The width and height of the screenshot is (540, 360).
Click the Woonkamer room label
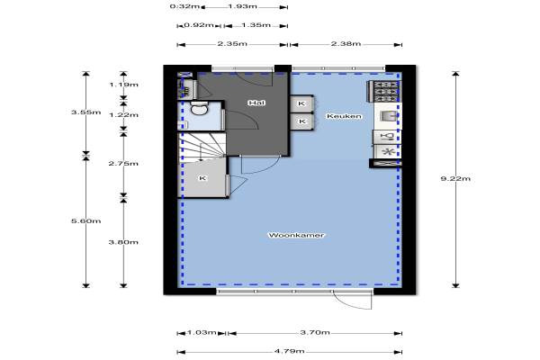(296, 235)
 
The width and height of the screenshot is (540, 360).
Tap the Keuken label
(344, 116)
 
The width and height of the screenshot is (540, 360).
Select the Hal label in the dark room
(256, 103)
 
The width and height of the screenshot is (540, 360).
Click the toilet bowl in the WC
(199, 109)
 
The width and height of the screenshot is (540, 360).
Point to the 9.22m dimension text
(455, 178)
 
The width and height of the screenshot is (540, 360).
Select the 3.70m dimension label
(315, 332)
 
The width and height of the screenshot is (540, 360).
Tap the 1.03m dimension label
(202, 332)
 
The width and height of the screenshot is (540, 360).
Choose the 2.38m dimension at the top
(346, 44)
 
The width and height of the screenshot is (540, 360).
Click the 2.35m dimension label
(232, 44)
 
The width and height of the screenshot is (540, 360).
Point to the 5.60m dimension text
(86, 220)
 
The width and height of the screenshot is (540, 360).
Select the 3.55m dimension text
(86, 112)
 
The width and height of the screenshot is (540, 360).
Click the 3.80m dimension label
(123, 242)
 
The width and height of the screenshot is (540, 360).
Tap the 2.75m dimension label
(123, 163)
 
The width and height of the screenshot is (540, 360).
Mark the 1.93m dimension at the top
(242, 6)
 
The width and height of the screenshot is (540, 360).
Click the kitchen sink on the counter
(387, 116)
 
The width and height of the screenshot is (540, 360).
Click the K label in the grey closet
(202, 178)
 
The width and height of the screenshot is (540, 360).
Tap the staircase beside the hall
(202, 148)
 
